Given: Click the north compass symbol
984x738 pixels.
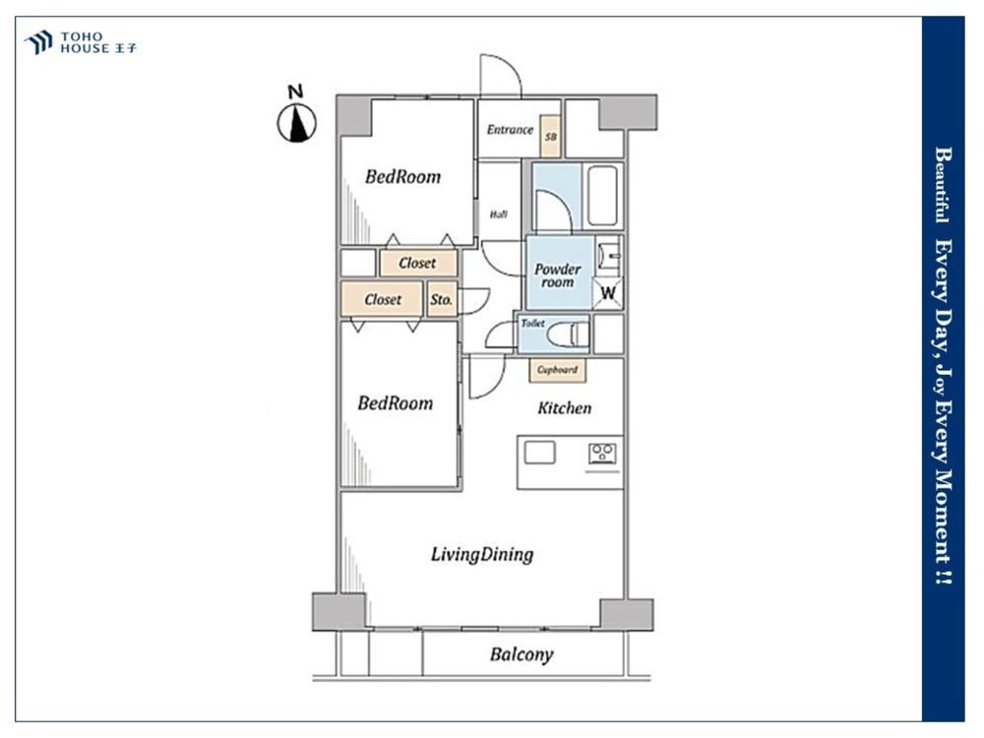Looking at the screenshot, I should [295, 121].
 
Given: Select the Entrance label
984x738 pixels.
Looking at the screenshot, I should [510, 130].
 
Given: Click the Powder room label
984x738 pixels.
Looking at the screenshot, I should [558, 275].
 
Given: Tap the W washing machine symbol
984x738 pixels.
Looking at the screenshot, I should [608, 292].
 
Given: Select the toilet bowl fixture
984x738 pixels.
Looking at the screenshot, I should [567, 334].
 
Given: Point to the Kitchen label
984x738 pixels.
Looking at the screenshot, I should [564, 407].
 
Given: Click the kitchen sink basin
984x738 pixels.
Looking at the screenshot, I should [540, 453].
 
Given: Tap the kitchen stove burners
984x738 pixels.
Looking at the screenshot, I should [602, 453].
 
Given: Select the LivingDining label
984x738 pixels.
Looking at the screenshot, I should [482, 555].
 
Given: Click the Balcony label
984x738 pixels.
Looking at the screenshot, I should [522, 654].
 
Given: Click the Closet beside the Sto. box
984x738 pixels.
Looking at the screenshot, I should [383, 300].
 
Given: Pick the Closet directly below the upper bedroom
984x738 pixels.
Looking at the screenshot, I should [417, 264].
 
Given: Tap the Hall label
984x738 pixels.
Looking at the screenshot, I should [498, 213].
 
